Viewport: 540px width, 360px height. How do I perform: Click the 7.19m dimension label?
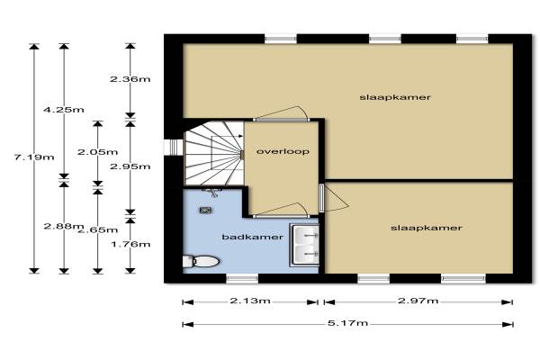(34, 157)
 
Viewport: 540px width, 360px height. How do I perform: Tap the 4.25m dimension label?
(64, 110)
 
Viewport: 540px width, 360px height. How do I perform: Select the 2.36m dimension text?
(130, 79)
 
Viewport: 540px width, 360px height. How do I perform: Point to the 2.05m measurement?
(97, 152)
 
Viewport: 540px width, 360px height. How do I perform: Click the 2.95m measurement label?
(130, 166)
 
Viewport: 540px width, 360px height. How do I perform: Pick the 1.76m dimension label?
(130, 244)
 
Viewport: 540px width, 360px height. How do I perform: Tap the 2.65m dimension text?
(98, 230)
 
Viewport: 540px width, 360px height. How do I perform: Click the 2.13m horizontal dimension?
(250, 301)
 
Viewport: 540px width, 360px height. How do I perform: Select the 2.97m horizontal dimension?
(418, 301)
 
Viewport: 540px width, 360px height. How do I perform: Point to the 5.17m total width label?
(347, 323)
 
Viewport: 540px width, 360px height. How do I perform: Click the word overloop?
(283, 151)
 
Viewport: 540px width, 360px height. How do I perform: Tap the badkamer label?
(253, 237)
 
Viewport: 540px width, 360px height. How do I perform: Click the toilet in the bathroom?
(201, 261)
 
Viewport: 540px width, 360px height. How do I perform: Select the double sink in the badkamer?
(305, 245)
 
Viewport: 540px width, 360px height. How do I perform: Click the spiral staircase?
(213, 153)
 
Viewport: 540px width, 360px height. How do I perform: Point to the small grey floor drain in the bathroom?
(205, 210)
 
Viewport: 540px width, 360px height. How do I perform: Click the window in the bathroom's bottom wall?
(242, 278)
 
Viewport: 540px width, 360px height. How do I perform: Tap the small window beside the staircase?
(173, 147)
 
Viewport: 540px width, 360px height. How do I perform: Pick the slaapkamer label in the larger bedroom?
(395, 97)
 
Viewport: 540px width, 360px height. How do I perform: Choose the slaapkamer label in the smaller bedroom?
(426, 228)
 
